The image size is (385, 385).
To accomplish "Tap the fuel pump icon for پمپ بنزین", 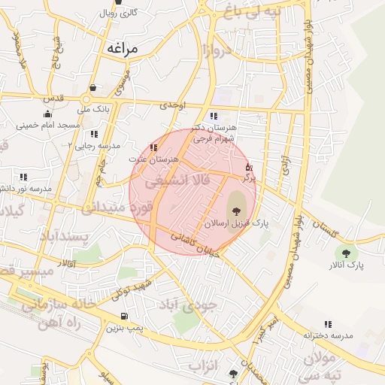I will pos(123,316).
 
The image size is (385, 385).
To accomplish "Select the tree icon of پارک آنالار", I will pos(347,253).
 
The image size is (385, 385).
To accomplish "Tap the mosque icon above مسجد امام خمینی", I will pos(47,114).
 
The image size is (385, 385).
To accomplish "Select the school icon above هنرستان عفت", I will pos(154,148).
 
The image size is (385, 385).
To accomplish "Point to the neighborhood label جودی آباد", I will pos(189,304).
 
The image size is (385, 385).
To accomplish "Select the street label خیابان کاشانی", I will pos(196,245).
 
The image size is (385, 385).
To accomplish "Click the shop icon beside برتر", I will pos(250,168).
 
